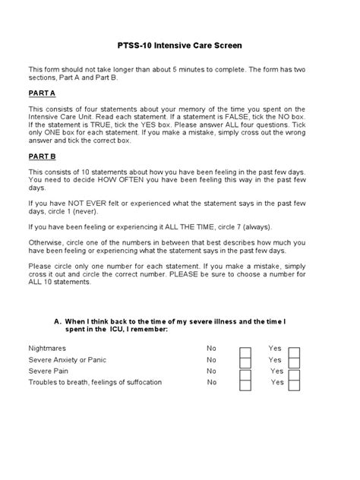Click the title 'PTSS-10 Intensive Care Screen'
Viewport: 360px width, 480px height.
180,46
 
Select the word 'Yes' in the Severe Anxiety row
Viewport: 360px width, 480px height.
275,359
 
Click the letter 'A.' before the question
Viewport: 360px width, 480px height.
58,321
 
